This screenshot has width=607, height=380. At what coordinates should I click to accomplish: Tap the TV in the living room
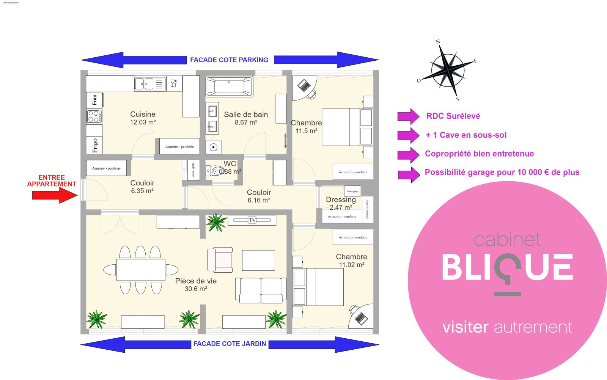click(252, 220)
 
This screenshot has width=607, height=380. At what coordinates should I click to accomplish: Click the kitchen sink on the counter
click(149, 83)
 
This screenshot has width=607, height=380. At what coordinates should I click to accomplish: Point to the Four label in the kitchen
click(94, 99)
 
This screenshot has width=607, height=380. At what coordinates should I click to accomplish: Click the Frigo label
click(94, 145)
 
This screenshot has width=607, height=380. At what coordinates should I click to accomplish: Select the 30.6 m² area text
click(196, 289)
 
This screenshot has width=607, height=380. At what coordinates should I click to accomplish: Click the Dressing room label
click(341, 199)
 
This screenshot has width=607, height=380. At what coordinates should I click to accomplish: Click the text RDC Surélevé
click(453, 116)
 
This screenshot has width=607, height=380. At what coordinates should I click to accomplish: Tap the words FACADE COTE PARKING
click(229, 60)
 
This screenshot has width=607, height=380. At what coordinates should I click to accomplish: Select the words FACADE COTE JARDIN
click(230, 344)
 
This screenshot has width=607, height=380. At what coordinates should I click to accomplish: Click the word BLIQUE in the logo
click(507, 267)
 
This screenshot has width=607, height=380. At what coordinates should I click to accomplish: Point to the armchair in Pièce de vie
click(220, 260)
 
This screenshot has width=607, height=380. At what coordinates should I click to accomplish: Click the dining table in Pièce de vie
click(141, 270)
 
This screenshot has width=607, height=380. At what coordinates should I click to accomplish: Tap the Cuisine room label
click(143, 114)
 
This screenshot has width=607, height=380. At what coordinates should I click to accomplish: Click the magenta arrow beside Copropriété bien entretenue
click(408, 154)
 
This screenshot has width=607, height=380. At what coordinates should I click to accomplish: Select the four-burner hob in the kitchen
click(94, 116)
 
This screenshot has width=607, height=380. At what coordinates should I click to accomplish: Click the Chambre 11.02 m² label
click(351, 257)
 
